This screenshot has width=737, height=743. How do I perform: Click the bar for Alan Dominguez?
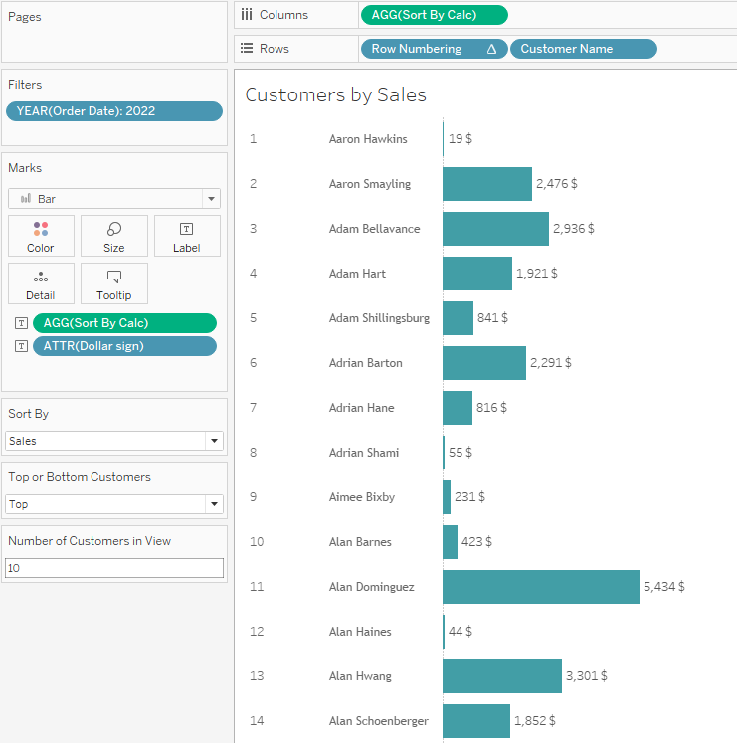540,587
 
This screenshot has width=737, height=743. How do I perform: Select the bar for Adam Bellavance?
495,229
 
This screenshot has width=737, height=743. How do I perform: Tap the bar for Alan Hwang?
501,676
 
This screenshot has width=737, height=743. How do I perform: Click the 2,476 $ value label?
556,184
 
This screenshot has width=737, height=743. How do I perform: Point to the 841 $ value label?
492,318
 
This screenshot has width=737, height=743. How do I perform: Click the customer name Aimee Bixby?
361,497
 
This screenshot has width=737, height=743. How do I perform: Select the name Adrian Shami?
363,453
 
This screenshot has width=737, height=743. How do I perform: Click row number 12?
257,632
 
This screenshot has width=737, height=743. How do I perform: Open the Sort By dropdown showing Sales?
114,441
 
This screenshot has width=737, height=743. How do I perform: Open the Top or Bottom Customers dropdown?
114,504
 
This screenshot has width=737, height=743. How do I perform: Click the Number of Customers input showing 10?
114,568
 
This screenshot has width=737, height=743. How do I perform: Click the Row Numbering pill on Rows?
433,49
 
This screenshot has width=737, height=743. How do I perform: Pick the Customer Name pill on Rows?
583,49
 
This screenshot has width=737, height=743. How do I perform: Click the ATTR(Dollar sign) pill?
123,346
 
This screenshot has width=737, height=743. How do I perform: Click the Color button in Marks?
41,236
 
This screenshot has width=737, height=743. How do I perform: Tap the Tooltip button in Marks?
114,283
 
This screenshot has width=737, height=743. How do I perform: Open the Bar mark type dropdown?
114,199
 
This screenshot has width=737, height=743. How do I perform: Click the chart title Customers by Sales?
335,95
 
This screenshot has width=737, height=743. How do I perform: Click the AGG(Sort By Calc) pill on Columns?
433,15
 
